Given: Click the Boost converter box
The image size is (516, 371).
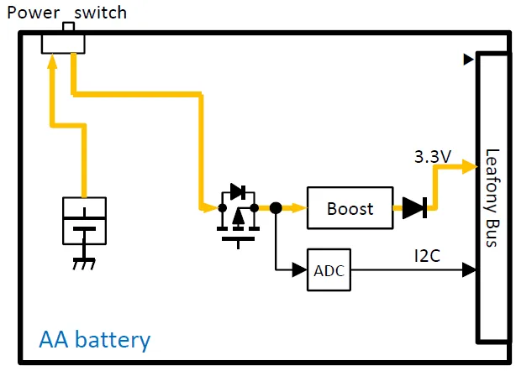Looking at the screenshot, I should point(349,208).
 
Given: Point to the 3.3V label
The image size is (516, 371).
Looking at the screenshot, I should point(433,157).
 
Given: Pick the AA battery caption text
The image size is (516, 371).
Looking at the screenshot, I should point(95,340).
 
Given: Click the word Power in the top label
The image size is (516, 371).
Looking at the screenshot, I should point(33,13).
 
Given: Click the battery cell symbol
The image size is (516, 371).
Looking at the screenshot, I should point(84,221).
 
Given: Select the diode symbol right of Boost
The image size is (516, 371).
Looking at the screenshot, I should point(414,208).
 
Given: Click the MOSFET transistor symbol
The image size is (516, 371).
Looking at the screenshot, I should point(237,214).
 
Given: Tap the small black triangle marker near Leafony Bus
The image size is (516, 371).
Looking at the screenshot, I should point(467,60).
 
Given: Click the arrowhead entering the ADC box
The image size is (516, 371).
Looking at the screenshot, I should point(300,270).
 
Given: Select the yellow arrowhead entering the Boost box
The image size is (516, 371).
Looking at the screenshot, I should point(299,207).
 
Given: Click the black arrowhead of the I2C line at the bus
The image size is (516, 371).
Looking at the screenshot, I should point(469,270).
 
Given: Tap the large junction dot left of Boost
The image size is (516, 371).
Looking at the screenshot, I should point(275,207).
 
